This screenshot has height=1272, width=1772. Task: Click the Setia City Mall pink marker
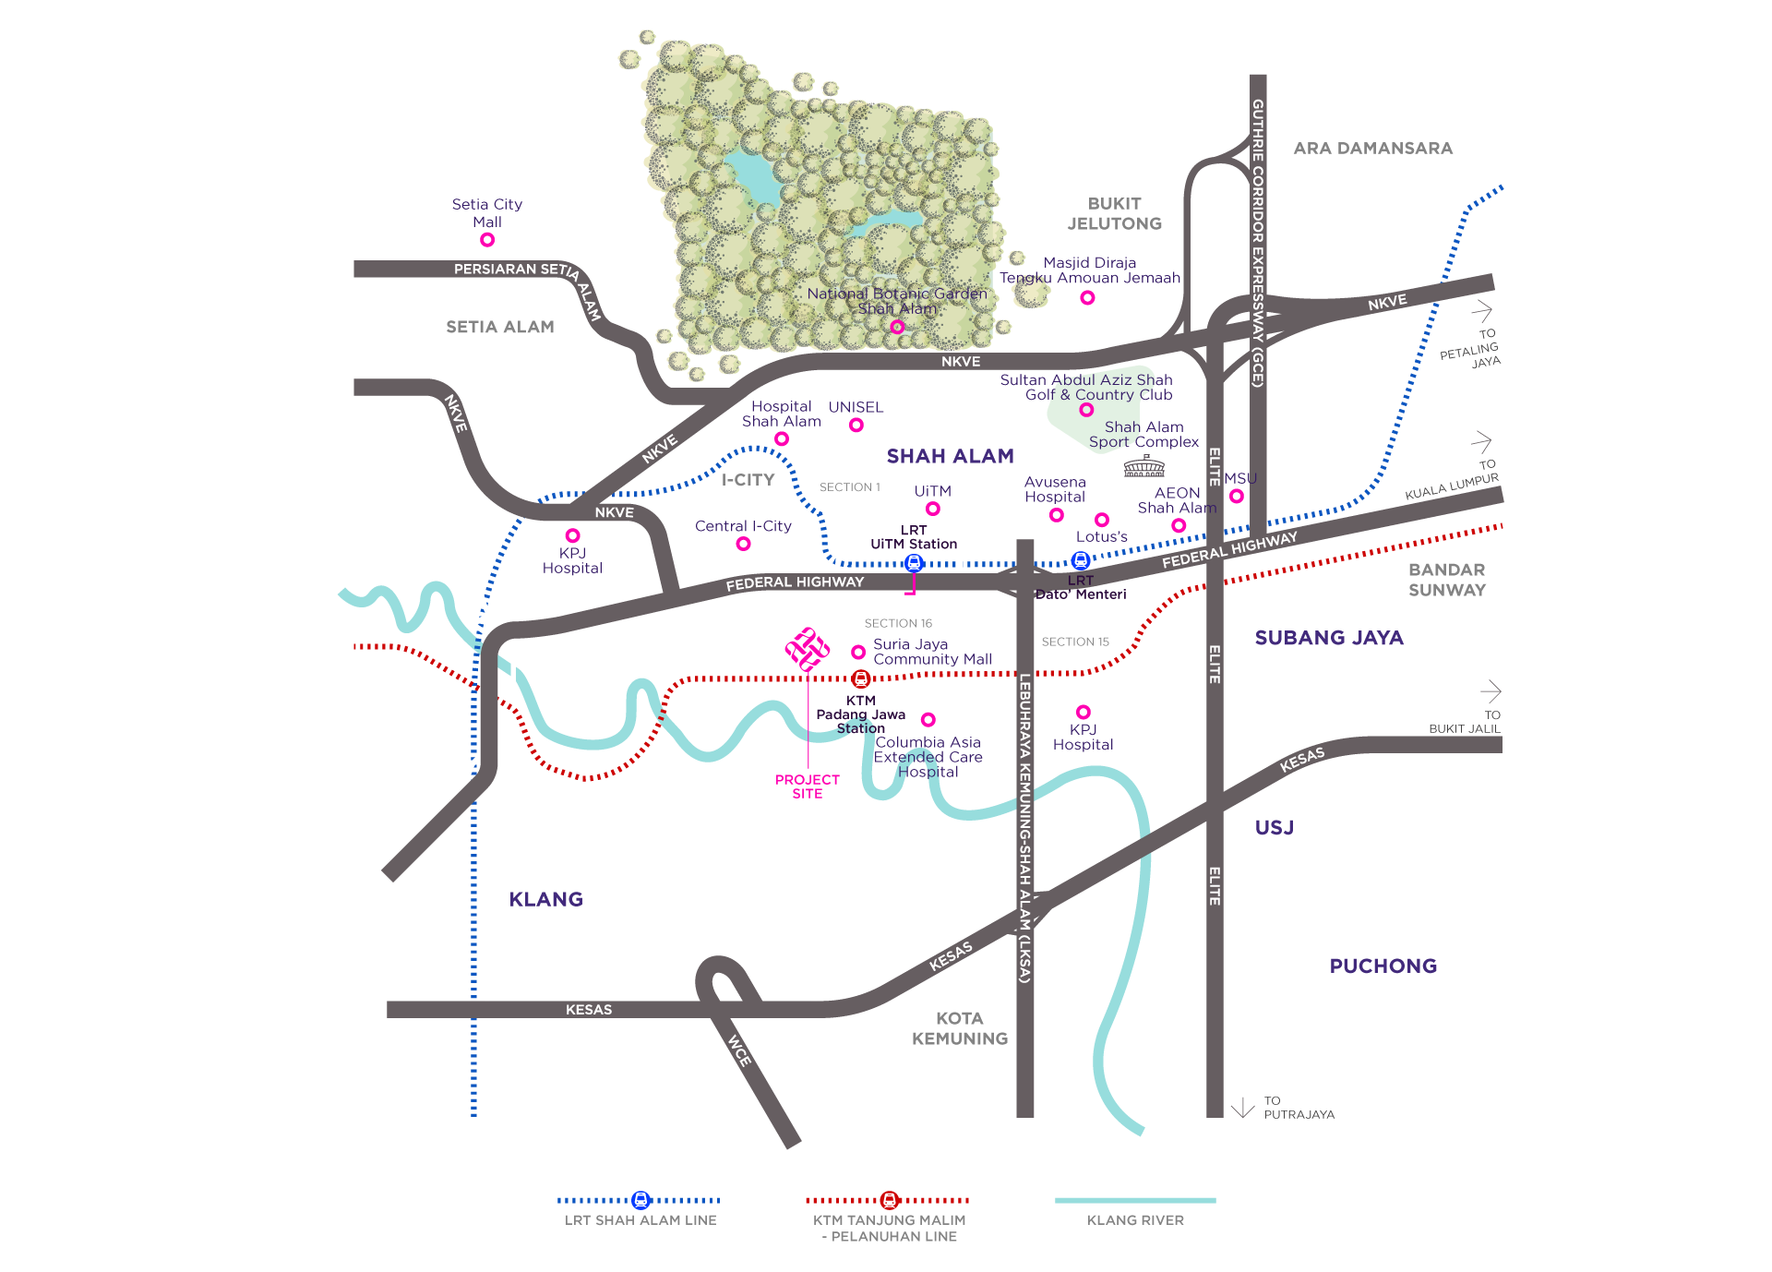[x=487, y=240]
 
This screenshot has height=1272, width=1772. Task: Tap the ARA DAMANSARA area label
[x=1373, y=149]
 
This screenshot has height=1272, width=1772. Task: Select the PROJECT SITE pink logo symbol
[x=808, y=650]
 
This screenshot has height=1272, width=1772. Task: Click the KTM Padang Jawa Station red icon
[x=861, y=679]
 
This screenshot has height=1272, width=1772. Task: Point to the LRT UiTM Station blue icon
[x=914, y=562]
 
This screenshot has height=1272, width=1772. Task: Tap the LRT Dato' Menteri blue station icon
[x=1081, y=560]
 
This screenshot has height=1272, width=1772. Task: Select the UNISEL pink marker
[x=856, y=425]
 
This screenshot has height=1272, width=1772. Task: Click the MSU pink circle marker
[x=1237, y=497]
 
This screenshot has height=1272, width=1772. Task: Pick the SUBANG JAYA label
[x=1329, y=638]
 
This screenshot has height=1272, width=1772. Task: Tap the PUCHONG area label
[x=1383, y=966]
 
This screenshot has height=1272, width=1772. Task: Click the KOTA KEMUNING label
[x=960, y=1028]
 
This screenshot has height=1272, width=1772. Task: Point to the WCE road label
[x=740, y=1050]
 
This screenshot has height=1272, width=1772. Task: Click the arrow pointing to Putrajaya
[x=1243, y=1108]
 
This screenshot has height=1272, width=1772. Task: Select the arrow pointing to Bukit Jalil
[x=1491, y=690]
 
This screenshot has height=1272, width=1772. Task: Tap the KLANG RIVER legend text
[x=1135, y=1220]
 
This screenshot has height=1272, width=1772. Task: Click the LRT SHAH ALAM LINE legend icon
[x=641, y=1200]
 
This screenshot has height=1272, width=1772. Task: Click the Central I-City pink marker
[x=743, y=544]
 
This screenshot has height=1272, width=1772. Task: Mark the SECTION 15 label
[x=1075, y=642]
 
